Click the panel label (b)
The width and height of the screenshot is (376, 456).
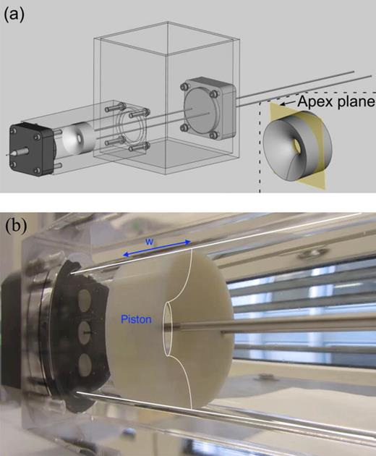click(16, 226)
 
